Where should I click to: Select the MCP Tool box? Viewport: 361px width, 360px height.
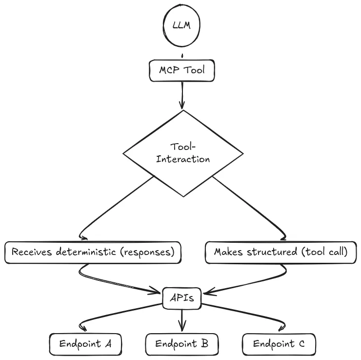pos(182,70)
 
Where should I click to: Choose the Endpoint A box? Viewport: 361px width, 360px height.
pos(85,344)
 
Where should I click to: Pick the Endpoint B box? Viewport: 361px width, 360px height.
pos(182,344)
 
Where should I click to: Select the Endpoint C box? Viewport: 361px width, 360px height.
pos(279,344)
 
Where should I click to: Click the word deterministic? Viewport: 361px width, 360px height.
pos(86,253)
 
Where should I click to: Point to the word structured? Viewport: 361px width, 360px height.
pos(267,253)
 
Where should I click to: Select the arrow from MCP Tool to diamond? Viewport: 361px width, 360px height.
pos(182,95)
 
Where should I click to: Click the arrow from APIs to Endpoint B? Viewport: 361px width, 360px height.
pos(182,320)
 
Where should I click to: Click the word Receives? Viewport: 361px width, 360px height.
pos(31,253)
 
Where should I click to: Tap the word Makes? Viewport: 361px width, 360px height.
pos(228,253)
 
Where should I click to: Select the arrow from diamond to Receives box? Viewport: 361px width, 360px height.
pos(112,210)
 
